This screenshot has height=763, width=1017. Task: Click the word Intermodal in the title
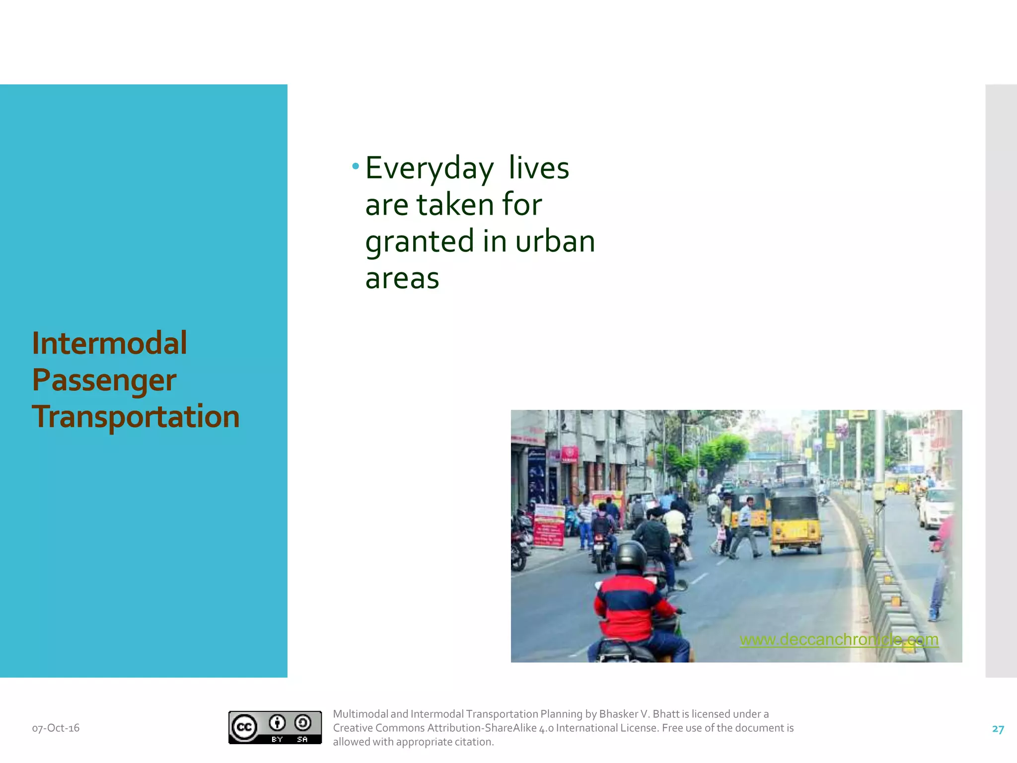pos(109,343)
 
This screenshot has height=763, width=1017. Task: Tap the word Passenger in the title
pos(104,381)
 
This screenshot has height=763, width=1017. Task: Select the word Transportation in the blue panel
pos(136,416)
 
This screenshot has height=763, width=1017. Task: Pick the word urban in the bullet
pos(555,241)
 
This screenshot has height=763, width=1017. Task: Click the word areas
pos(402,278)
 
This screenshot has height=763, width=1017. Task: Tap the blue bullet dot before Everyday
pos(356,166)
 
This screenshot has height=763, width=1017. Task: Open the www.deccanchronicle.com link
pos(839,639)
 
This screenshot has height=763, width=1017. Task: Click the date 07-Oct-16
pos(56,728)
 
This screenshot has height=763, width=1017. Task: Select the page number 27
pos(998,729)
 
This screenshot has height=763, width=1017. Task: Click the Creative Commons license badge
pos(275,727)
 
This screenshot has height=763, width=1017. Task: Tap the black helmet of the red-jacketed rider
pos(631,557)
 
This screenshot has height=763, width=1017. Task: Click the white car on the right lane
pos(936,507)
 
